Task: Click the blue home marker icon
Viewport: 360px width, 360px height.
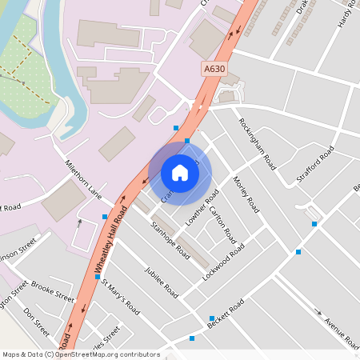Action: pyautogui.click(x=180, y=173)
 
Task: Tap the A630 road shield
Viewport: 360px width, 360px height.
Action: pyautogui.click(x=214, y=69)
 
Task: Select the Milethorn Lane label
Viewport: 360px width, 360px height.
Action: pyautogui.click(x=84, y=178)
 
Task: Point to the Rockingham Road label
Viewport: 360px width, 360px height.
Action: pyautogui.click(x=257, y=143)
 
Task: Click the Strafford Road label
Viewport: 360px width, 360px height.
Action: pyautogui.click(x=315, y=165)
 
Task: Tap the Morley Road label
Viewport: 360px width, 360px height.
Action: pyautogui.click(x=246, y=195)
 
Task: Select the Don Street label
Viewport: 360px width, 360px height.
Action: pyautogui.click(x=38, y=322)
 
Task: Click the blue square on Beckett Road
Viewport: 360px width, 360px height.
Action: pyautogui.click(x=211, y=318)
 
